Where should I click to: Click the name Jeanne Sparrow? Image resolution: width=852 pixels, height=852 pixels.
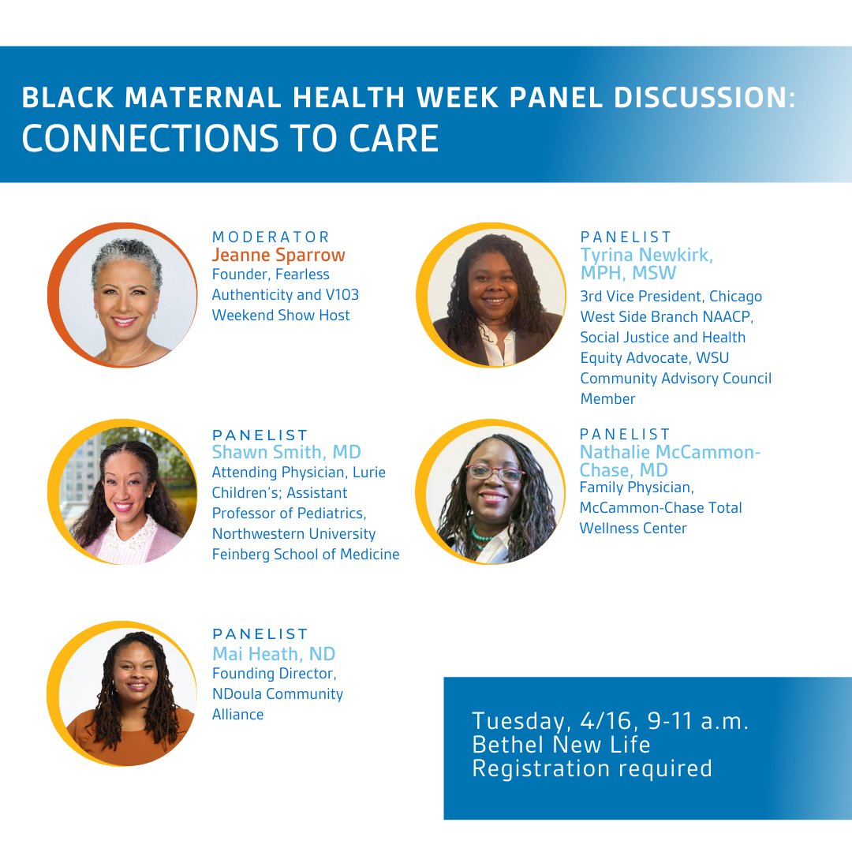278,255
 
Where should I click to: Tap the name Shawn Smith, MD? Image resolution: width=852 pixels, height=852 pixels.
286,452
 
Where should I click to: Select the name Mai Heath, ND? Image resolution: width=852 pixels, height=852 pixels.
274,653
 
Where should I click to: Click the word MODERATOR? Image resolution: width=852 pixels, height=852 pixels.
271,237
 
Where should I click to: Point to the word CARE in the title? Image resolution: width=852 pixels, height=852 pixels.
396,137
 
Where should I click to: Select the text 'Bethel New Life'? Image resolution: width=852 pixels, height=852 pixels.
561,744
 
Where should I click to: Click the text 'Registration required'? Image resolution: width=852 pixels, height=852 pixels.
592,768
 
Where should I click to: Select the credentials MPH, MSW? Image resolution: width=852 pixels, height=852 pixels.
628,274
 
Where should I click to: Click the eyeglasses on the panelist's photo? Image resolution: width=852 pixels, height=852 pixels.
495,473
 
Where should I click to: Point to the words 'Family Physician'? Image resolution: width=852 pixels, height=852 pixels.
637,488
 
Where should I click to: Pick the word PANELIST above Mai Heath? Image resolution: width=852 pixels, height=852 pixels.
260,633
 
